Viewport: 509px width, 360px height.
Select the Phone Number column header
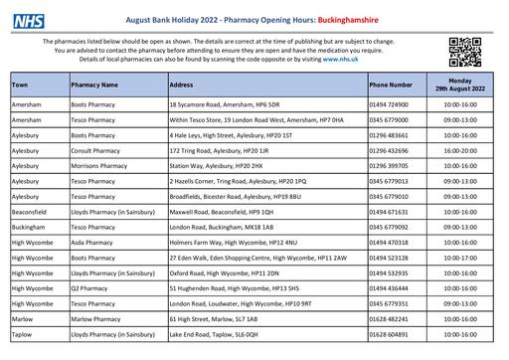[x=391, y=86]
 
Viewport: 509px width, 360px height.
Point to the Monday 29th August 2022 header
[x=460, y=86]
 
